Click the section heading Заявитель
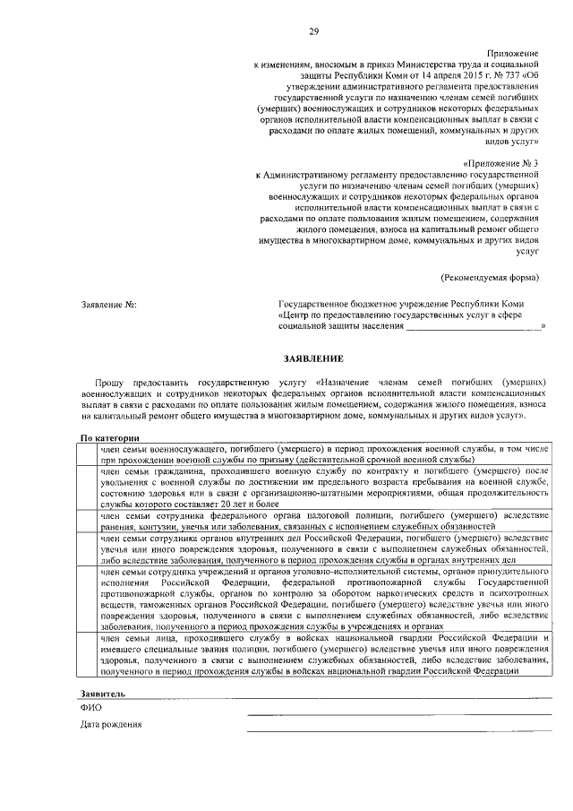pyautogui.click(x=104, y=694)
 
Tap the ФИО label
pyautogui.click(x=90, y=707)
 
